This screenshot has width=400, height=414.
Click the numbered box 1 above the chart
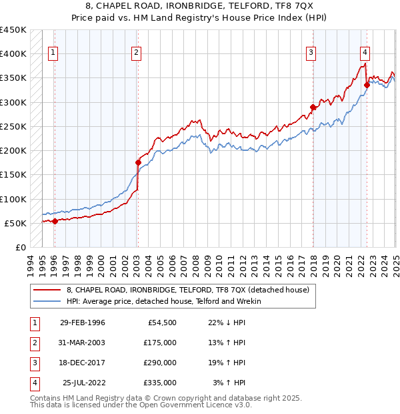click(53, 53)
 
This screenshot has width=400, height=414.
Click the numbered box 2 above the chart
click(136, 53)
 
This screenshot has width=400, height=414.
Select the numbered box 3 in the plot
click(311, 53)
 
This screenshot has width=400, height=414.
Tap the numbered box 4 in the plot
click(365, 53)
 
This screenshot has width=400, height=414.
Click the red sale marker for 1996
click(55, 221)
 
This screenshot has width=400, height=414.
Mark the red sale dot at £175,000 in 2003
click(138, 162)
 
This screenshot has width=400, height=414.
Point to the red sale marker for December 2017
click(313, 107)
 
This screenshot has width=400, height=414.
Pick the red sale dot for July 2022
click(367, 85)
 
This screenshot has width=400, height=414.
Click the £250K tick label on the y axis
click(13, 126)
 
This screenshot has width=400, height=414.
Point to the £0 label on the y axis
click(20, 247)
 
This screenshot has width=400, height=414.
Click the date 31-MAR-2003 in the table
click(82, 343)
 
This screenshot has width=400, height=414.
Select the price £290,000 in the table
click(160, 363)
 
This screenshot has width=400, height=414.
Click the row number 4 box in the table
click(33, 383)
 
